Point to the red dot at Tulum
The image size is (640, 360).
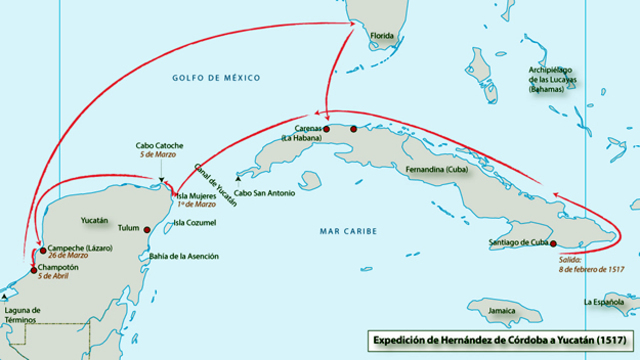pyautogui.click(x=147, y=229)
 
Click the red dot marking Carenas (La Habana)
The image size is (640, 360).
pyautogui.click(x=326, y=129)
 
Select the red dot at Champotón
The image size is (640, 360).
pyautogui.click(x=33, y=269)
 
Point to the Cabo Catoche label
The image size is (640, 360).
pyautogui.click(x=159, y=146)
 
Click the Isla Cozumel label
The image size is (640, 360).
pyautogui.click(x=192, y=223)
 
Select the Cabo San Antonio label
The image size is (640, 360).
pyautogui.click(x=265, y=193)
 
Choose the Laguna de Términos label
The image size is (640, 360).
pyautogui.click(x=21, y=315)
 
